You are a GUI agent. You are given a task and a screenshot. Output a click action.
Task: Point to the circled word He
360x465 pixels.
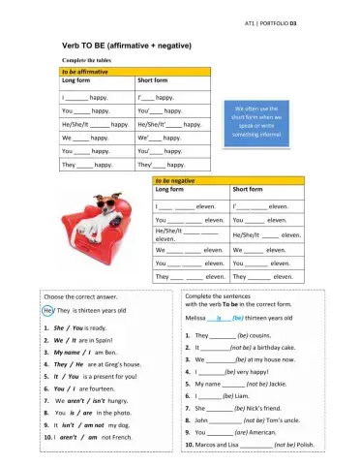pos(48,311)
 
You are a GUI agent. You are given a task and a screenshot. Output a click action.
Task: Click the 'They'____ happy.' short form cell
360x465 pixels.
pos(162,165)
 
